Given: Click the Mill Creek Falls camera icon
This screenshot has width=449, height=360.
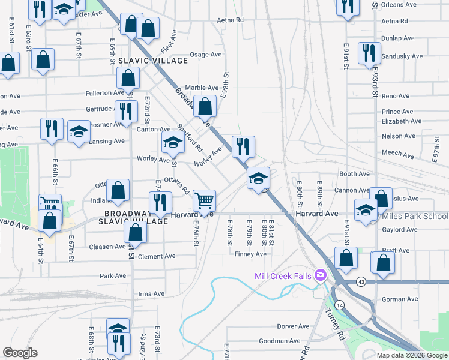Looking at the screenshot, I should (320, 275).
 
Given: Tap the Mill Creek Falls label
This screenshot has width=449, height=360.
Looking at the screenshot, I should (283, 276).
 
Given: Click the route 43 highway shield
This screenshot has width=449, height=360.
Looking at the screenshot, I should (361, 281).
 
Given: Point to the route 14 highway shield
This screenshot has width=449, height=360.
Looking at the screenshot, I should (340, 305).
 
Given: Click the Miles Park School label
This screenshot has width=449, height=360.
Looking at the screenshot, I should (415, 216).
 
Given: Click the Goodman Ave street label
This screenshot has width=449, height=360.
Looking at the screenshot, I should (279, 341).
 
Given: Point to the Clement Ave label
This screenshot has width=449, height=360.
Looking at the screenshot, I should (157, 256).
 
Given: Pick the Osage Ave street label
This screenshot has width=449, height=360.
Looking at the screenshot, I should (206, 55).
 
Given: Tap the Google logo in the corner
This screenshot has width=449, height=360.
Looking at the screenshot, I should (20, 353).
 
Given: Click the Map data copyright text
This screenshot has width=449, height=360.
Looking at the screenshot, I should (412, 355).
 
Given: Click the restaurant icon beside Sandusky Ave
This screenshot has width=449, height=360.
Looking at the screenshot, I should (369, 52).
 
